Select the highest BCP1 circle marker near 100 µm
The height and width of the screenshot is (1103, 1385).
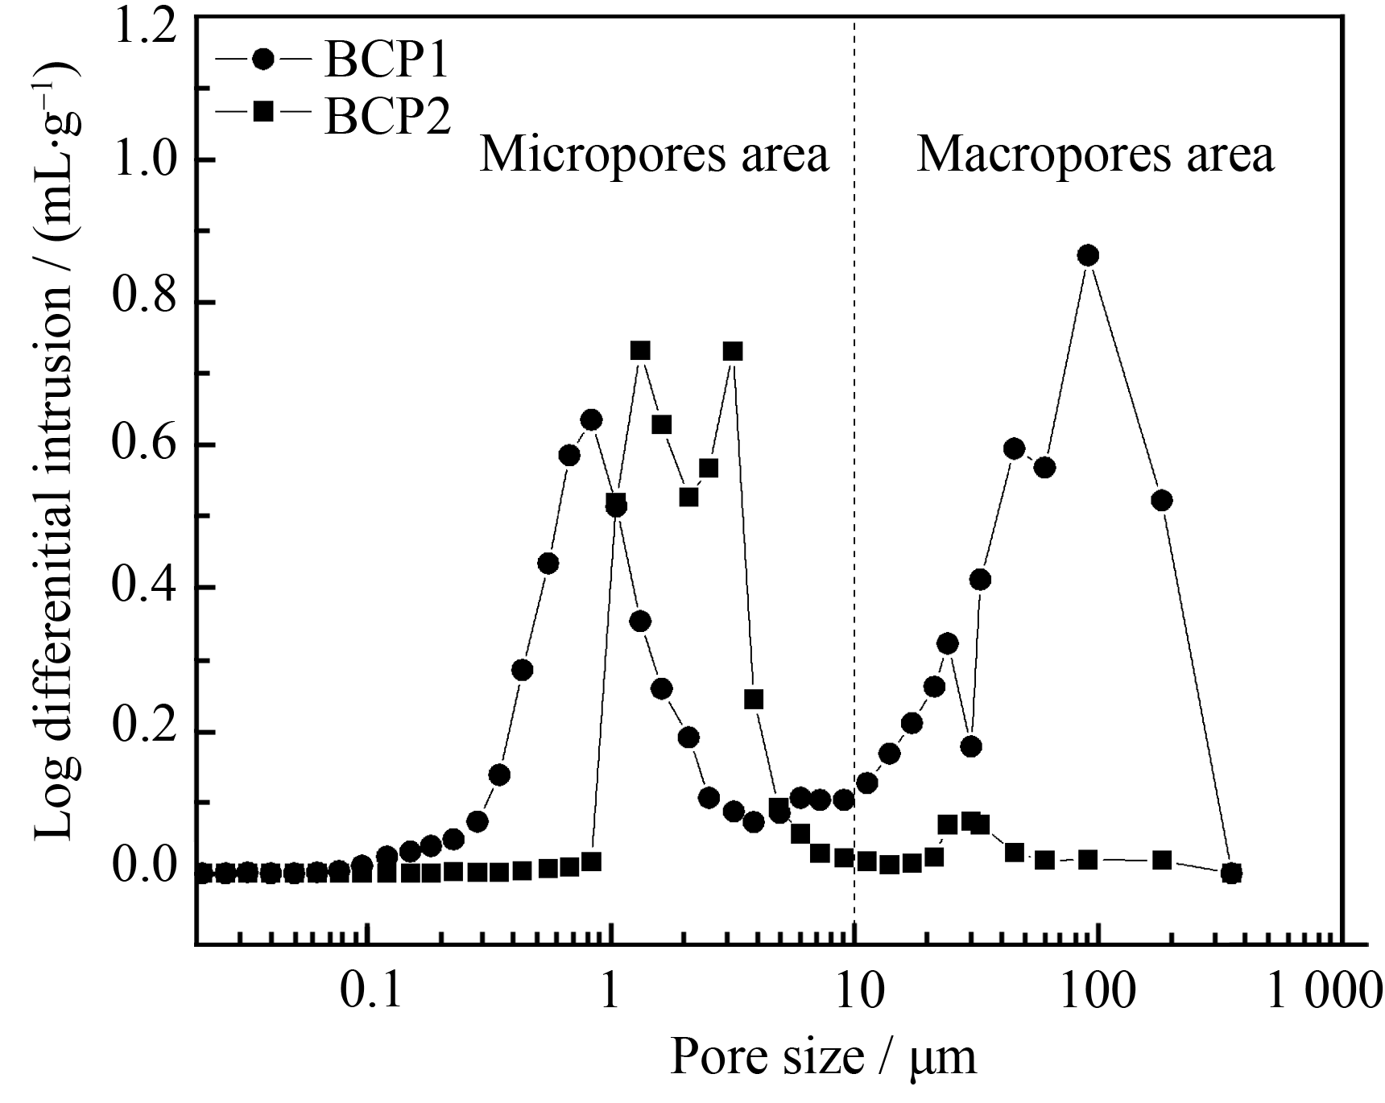point(1088,255)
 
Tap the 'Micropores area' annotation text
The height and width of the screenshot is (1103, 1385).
point(654,155)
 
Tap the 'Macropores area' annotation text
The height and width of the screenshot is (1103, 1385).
point(1095,155)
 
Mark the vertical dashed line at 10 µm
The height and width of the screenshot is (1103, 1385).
point(854,483)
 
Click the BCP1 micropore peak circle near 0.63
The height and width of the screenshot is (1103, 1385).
point(591,419)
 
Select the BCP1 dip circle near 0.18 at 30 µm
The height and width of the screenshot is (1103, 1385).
point(971,746)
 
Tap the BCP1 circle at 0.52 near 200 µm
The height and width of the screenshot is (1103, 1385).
point(1161,500)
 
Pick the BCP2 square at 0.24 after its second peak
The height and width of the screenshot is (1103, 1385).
point(754,699)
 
